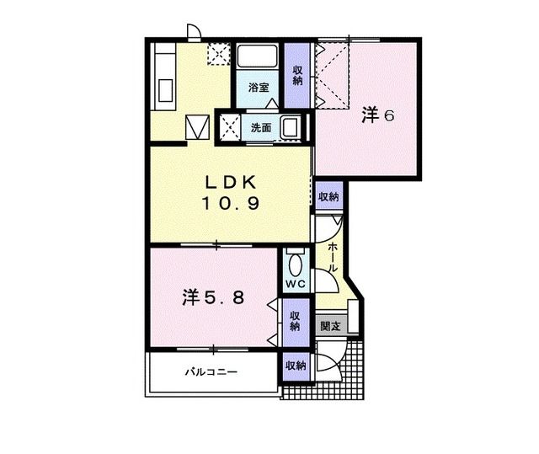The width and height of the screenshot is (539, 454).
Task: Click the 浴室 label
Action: point(259,88)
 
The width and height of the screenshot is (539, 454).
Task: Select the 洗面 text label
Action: point(260,128)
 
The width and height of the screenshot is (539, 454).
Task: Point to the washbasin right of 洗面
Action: point(291,128)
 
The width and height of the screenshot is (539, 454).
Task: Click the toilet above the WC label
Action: point(294,262)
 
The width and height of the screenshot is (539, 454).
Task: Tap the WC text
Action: point(294,285)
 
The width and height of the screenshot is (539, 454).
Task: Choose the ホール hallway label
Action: point(333,256)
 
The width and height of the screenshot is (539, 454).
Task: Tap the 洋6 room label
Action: point(378,115)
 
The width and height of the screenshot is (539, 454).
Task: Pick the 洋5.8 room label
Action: point(214,296)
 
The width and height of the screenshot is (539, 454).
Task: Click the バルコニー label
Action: point(211,371)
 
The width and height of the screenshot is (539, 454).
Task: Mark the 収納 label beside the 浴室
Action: point(298,75)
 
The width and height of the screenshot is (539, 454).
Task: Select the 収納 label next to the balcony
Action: point(294,366)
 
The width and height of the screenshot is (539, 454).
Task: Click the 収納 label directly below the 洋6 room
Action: point(328,196)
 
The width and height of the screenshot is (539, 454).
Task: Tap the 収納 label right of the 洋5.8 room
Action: point(295,320)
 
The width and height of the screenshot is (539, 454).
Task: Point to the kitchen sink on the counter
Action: point(163,89)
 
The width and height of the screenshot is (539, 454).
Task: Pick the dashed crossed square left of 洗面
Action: point(229,128)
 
